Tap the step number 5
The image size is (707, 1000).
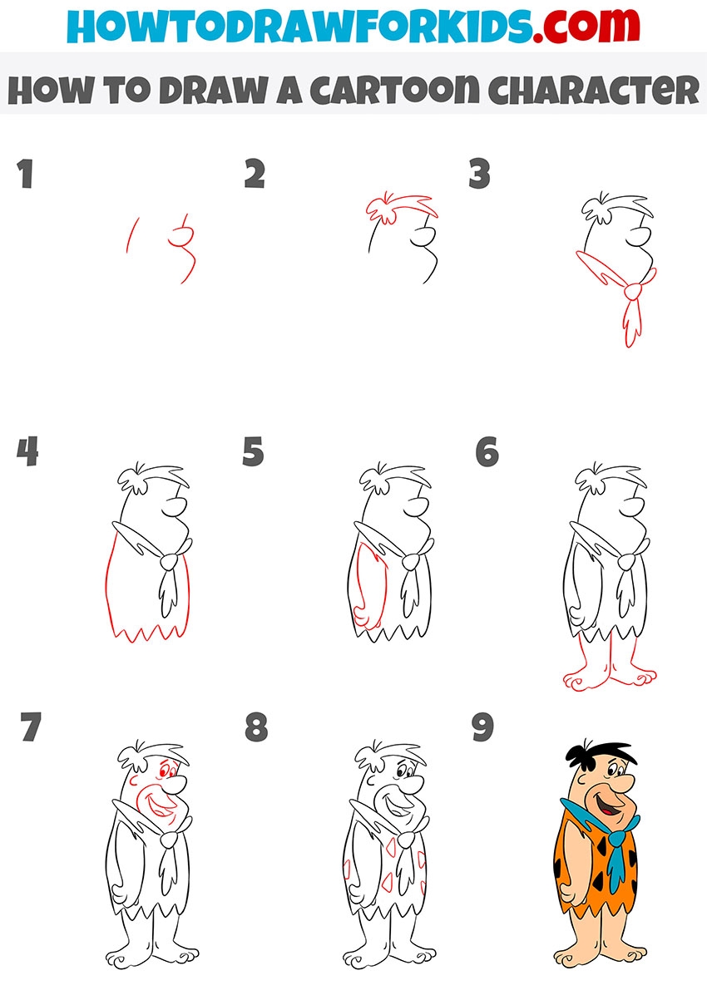tap(253, 451)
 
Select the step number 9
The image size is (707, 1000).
tap(482, 727)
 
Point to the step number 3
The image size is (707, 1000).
tap(479, 174)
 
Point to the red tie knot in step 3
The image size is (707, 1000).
tap(633, 292)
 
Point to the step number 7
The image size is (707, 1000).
tap(31, 727)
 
